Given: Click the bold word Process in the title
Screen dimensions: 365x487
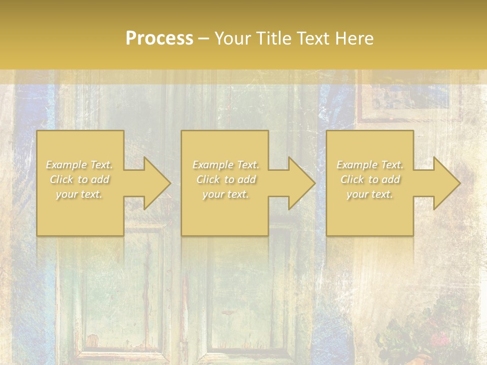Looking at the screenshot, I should coord(159,39).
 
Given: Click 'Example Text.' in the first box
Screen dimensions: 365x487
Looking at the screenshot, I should coord(80,165).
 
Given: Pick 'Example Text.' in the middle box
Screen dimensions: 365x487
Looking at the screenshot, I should coord(226,165).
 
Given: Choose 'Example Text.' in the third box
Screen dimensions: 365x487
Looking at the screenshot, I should coord(370,165).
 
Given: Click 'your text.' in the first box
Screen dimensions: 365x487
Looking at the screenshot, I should coord(80,194).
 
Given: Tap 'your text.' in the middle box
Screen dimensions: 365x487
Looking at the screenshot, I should coord(226,194).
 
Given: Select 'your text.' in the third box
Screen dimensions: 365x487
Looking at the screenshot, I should coord(370,194).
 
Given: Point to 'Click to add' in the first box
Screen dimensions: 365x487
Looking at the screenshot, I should coord(80,179).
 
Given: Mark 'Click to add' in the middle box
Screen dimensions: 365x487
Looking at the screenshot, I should coord(226,179).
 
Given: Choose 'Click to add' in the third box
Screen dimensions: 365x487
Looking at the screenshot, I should coord(370,179).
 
